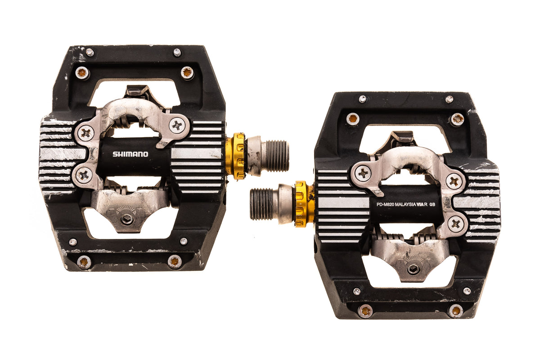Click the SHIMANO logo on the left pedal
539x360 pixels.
[130, 154]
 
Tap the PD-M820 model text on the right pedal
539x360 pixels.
[388, 204]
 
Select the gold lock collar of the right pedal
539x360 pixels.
[302, 204]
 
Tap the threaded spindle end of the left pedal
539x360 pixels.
[275, 156]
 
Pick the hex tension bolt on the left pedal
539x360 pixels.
[127, 219]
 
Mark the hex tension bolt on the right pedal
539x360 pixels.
[413, 269]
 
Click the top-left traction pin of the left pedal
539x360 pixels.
[82, 72]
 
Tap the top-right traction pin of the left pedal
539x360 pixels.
[187, 72]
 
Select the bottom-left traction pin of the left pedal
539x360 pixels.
[84, 261]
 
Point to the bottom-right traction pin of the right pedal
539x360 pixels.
[456, 310]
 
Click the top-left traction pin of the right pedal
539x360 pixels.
[353, 118]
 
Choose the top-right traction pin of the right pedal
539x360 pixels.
[457, 119]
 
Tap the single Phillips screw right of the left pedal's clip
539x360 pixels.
[178, 125]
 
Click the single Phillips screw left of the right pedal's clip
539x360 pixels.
[363, 173]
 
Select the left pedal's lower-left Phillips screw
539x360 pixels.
[84, 175]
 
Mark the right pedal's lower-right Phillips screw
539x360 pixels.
[455, 223]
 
